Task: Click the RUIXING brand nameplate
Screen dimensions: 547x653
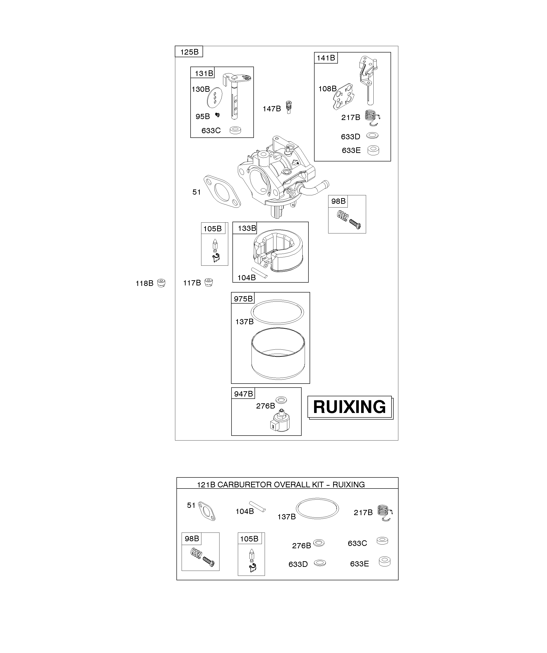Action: (350, 407)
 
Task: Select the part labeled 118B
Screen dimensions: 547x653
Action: (161, 283)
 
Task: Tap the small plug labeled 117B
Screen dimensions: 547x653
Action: (209, 282)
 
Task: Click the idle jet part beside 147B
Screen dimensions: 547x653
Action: (289, 108)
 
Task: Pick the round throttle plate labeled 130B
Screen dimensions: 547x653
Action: (215, 97)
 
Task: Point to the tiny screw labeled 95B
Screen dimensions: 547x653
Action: (218, 115)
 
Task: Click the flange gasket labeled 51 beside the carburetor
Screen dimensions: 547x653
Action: (222, 191)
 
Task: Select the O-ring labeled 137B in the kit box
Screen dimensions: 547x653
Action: (317, 509)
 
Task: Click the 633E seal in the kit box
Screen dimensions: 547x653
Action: (385, 561)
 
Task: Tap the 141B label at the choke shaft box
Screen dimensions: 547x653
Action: (326, 58)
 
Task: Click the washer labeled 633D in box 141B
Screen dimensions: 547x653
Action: (372, 136)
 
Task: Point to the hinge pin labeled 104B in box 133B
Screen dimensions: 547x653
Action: (259, 273)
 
